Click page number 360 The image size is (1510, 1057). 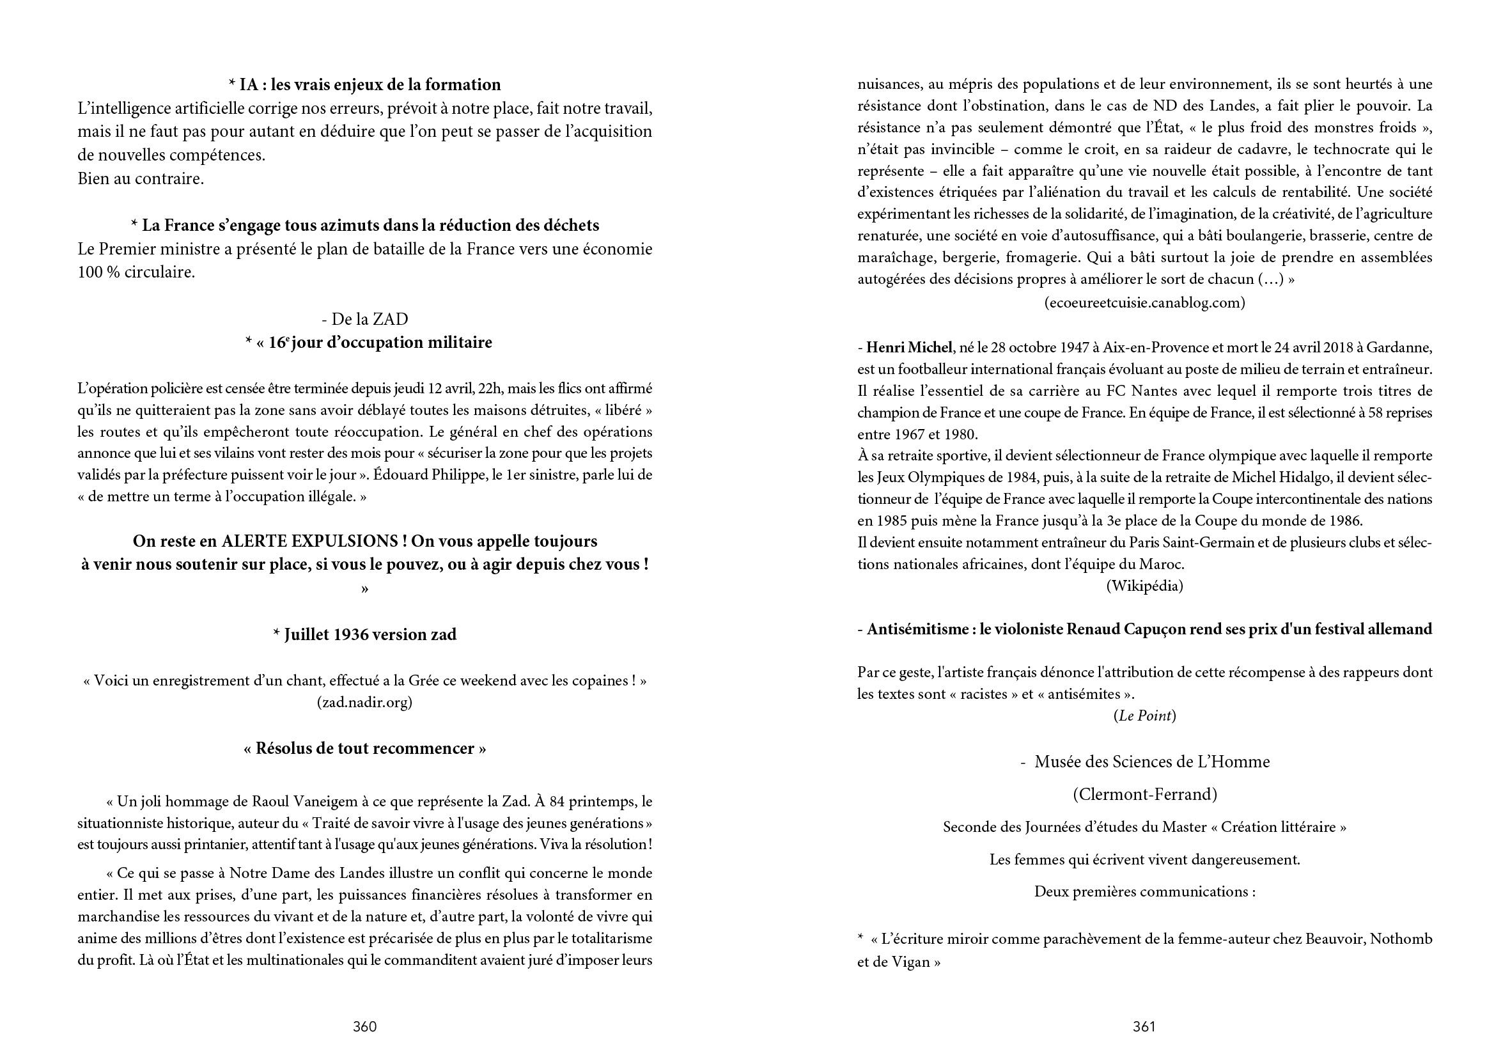point(364,1027)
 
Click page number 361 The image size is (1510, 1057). point(1144,1027)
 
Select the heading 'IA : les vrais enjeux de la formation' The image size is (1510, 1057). point(364,85)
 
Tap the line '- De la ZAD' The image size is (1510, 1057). point(364,319)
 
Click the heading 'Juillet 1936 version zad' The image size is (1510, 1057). point(364,635)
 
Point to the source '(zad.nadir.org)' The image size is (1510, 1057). point(364,703)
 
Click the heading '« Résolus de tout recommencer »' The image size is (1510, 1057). point(364,749)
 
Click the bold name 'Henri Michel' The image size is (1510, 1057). point(909,348)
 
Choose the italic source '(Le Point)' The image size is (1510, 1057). point(1144,716)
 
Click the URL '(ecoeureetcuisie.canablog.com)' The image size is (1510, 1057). point(1144,302)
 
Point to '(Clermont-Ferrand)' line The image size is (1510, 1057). point(1144,795)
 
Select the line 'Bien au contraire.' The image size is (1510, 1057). point(141,179)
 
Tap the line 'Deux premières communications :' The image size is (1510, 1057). point(1144,892)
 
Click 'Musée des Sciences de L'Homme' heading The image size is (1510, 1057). point(1151,762)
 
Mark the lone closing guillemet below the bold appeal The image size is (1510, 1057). point(364,589)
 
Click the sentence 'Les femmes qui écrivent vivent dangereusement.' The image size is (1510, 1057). point(1144,859)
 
